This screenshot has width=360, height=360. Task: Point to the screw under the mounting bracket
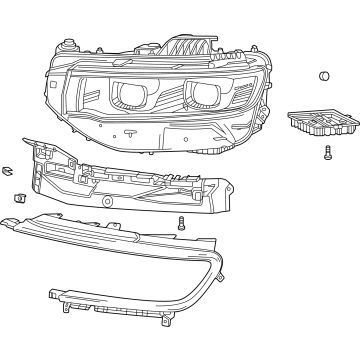tap(181, 224)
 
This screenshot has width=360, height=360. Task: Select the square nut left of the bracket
tap(19, 197)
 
